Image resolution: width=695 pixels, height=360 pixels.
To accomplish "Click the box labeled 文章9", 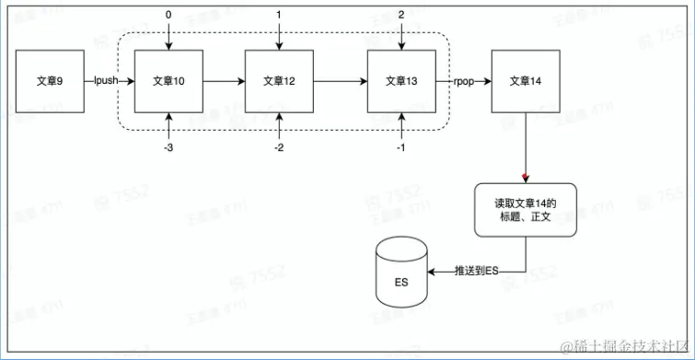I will (49, 81).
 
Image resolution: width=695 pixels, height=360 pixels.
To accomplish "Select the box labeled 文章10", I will (168, 81).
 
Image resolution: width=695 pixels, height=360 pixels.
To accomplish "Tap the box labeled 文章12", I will (279, 81).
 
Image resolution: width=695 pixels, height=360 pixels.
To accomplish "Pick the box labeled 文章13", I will (400, 81).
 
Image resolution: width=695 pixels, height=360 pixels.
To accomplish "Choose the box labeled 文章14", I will (524, 81).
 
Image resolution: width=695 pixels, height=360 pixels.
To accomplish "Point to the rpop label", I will (463, 81).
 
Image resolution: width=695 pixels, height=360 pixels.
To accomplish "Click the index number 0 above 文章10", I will (168, 15).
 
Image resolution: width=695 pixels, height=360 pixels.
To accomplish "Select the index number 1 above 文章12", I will (279, 15).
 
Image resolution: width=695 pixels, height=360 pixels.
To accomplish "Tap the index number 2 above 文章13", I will (400, 15).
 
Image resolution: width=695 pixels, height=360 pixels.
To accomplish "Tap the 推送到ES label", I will (477, 272).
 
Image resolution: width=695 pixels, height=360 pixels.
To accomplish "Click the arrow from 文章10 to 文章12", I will (224, 81).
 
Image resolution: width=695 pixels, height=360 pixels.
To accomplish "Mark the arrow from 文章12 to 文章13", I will (340, 81).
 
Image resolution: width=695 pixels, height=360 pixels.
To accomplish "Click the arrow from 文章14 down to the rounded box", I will (524, 147).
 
